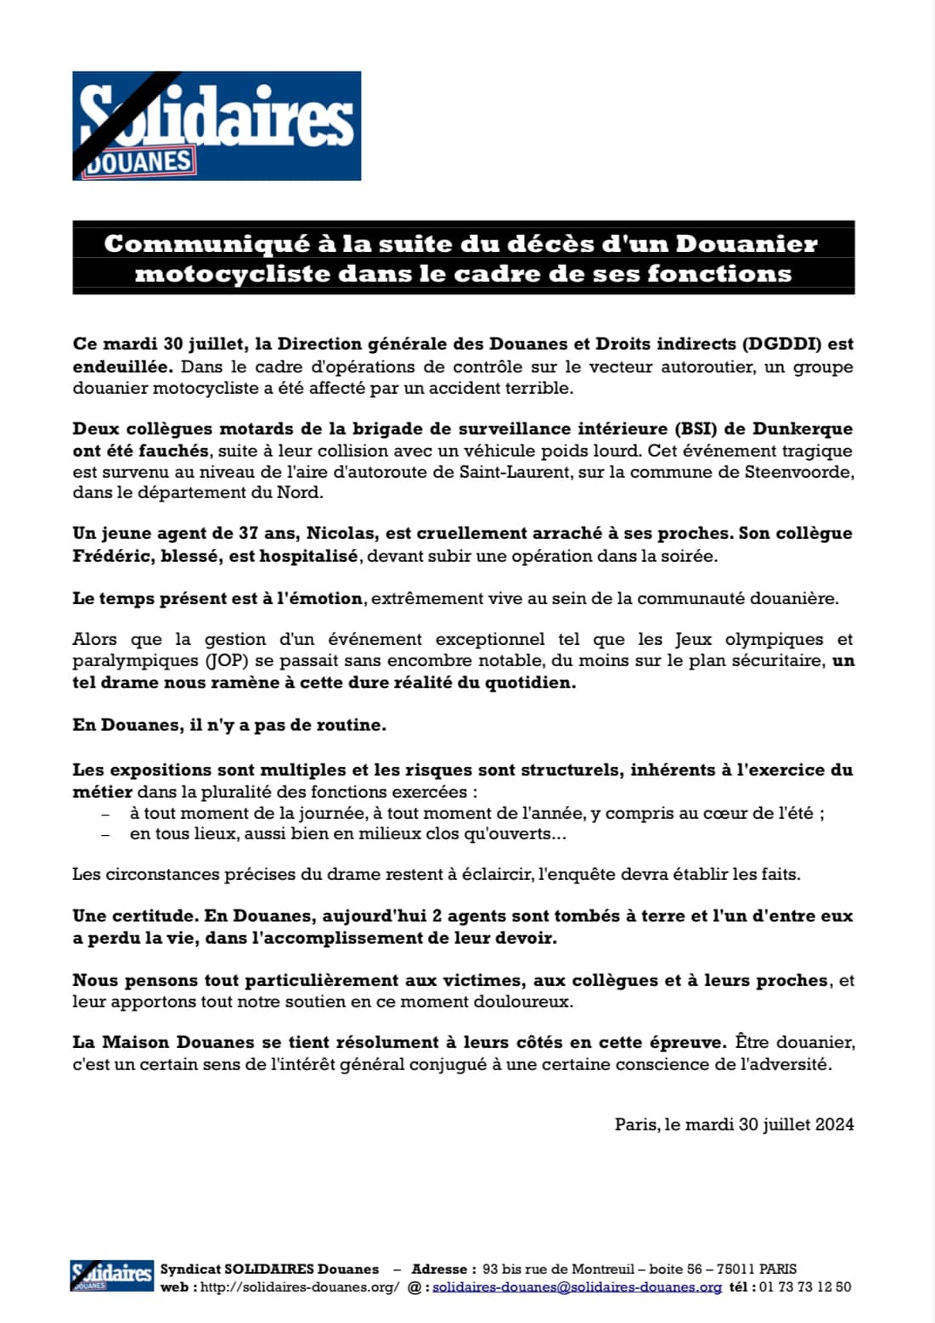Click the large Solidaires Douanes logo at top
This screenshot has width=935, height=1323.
tap(217, 126)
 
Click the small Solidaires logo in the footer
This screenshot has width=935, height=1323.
tap(111, 1275)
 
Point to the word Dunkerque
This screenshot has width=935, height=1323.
tap(803, 429)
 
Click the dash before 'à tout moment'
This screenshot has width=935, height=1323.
tap(105, 813)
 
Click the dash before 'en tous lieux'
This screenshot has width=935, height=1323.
tap(105, 834)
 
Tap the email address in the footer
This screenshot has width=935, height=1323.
tap(577, 1287)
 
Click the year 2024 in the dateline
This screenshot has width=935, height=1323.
tap(834, 1124)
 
